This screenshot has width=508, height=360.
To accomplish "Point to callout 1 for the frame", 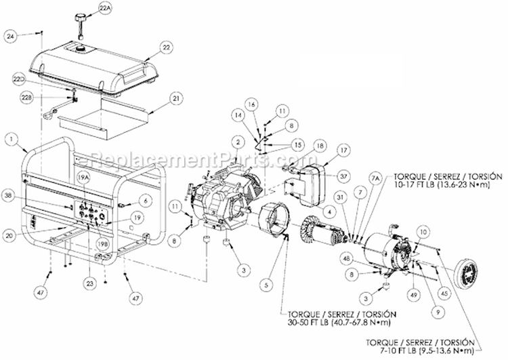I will [x=11, y=140].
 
